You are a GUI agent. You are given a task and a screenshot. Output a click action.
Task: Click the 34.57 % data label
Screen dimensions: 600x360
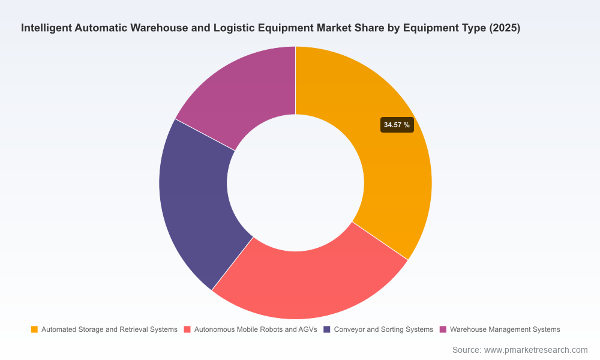397,125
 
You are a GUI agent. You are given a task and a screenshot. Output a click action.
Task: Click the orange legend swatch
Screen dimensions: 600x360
34,329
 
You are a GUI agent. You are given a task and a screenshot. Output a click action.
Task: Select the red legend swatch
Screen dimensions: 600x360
187,329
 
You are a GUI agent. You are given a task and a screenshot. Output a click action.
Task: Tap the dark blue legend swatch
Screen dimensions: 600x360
327,329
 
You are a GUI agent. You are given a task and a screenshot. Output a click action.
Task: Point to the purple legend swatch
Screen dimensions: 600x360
443,329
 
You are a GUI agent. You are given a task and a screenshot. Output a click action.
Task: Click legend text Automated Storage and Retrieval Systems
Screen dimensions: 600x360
109,329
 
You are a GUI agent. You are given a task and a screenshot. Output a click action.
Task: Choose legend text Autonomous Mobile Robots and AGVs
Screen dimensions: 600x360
256,329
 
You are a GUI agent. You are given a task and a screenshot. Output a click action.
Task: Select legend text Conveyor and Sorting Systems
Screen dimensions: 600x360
383,329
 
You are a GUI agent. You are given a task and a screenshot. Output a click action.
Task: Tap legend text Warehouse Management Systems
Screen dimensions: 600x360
505,329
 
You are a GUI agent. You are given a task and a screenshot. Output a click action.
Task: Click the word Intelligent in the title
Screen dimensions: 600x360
46,28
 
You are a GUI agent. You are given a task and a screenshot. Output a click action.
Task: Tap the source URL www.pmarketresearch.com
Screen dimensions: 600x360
536,350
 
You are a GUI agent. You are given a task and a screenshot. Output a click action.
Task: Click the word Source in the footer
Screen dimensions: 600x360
467,350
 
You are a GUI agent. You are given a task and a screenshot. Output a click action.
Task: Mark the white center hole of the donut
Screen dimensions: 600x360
295,183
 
